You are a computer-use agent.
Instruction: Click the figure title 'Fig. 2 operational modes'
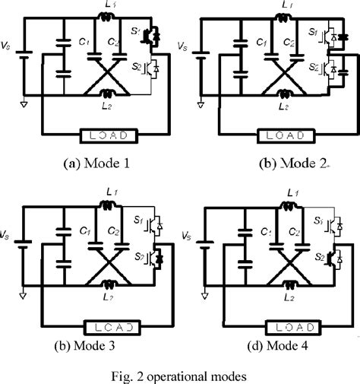tap(178, 374)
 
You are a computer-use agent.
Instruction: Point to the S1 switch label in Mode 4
tap(319, 222)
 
